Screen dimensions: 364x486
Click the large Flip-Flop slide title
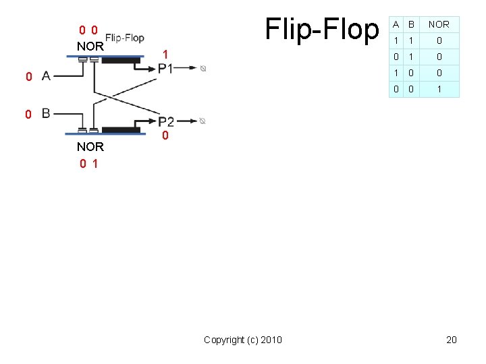click(x=322, y=29)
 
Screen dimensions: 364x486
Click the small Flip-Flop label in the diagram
click(x=125, y=38)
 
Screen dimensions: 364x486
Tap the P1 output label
click(x=165, y=68)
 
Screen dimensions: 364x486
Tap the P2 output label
click(x=166, y=121)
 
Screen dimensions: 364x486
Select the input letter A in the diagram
click(x=46, y=76)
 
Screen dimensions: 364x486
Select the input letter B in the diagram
click(x=46, y=113)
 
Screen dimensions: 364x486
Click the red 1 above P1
click(x=165, y=54)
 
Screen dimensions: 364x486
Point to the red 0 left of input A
click(x=28, y=77)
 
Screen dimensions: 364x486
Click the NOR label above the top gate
click(x=90, y=47)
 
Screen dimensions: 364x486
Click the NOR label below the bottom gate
click(x=90, y=147)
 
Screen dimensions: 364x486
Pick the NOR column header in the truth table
click(x=439, y=24)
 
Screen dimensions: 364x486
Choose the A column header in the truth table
click(x=396, y=24)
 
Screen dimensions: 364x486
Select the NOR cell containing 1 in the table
click(x=439, y=89)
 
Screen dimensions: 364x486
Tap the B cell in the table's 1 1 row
click(x=408, y=40)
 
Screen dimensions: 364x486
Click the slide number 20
click(x=452, y=340)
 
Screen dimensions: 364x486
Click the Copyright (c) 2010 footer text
click(x=243, y=340)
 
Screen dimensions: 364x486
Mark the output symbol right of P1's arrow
click(x=203, y=68)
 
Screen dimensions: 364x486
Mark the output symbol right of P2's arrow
click(x=203, y=121)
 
